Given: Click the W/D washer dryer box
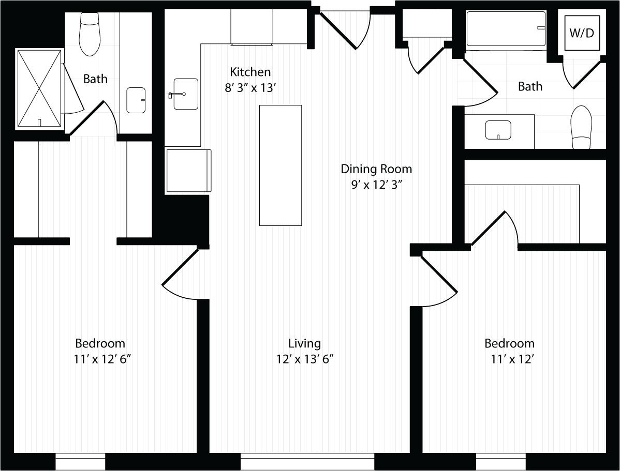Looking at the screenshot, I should [582, 34].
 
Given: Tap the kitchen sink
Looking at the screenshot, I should [185, 94].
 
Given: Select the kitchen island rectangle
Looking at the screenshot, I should [280, 165].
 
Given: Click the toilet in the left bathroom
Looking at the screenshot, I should [90, 35].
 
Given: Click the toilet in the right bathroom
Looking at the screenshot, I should [581, 127].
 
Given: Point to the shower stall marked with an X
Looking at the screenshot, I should [39, 88].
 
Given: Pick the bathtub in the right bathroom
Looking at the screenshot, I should [506, 29].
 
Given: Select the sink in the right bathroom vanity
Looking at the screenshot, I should [498, 130].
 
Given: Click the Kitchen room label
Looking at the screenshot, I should [250, 72].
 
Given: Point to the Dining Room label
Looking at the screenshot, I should [376, 169].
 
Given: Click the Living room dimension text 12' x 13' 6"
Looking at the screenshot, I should [304, 359].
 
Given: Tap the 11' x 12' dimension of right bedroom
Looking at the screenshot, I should [512, 359].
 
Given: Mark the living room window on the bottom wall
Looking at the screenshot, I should [307, 462].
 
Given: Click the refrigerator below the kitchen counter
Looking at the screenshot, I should [188, 171].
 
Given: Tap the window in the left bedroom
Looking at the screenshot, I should [80, 462].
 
